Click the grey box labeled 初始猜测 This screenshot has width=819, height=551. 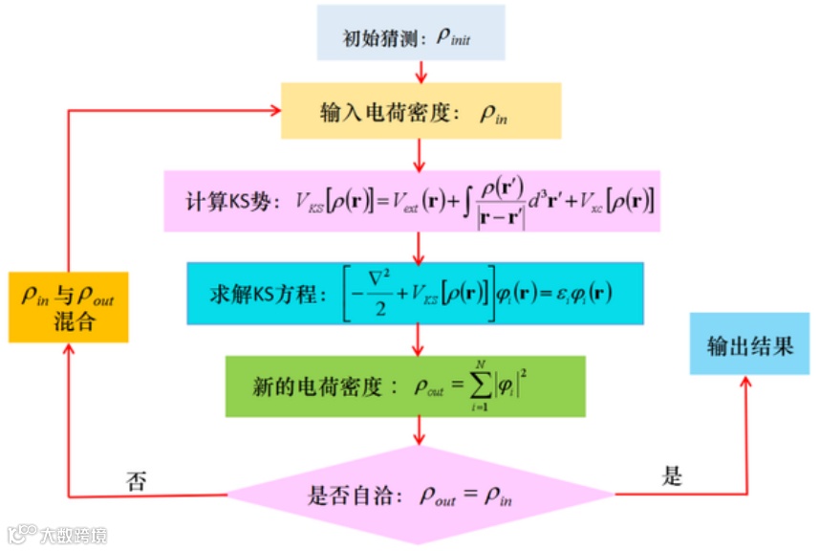[x=411, y=37]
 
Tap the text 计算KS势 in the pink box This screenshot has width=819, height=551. [x=233, y=202]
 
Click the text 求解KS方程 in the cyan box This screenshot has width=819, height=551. [x=256, y=293]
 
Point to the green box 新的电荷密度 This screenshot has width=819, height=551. [x=405, y=386]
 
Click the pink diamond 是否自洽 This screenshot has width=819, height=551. [x=419, y=496]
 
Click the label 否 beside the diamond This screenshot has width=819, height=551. [x=137, y=480]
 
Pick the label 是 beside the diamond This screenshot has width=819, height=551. [x=672, y=475]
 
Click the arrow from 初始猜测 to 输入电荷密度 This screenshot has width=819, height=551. [x=420, y=72]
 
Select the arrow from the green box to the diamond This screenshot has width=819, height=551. [x=419, y=431]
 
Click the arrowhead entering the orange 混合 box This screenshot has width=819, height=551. [x=68, y=348]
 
